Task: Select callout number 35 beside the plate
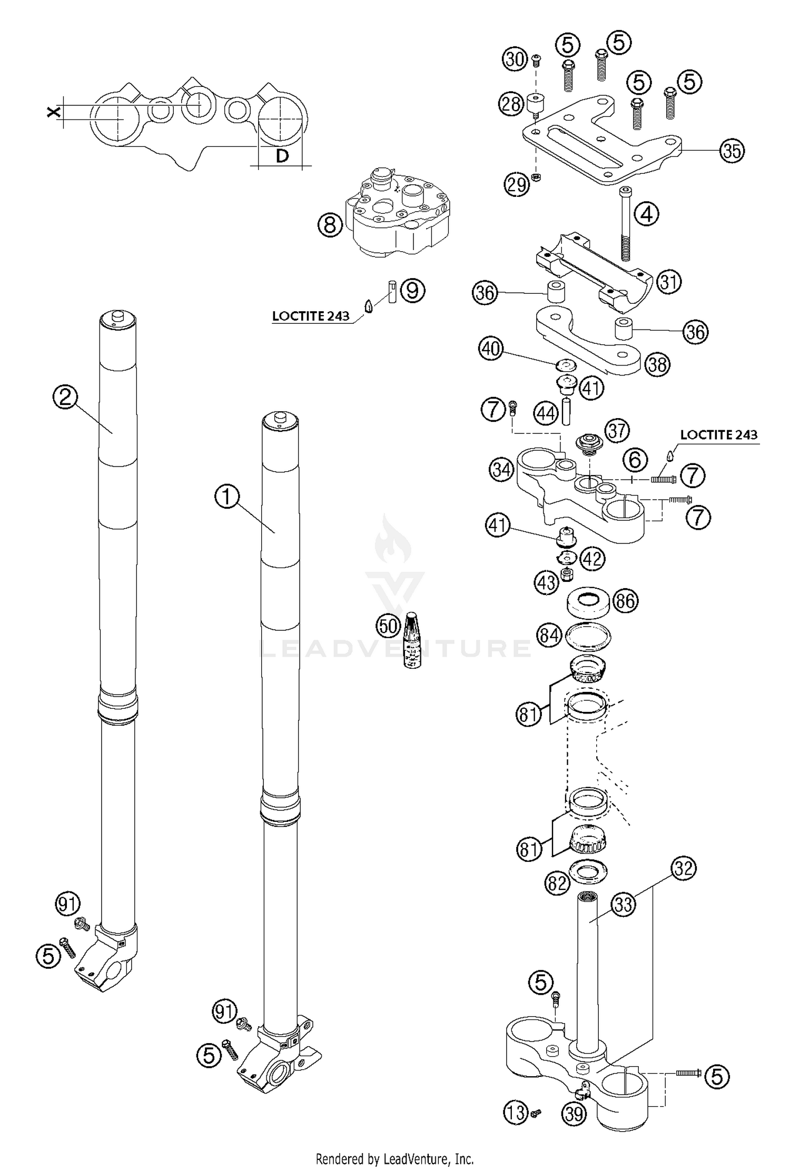733,151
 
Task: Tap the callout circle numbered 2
65,397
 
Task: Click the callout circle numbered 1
227,497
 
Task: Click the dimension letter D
282,156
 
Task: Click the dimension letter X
53,112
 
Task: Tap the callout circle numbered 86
625,601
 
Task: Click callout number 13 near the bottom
517,1098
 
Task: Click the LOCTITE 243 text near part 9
311,316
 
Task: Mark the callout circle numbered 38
657,364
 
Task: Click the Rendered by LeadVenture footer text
394,1158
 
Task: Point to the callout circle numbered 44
546,413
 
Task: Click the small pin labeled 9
391,291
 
